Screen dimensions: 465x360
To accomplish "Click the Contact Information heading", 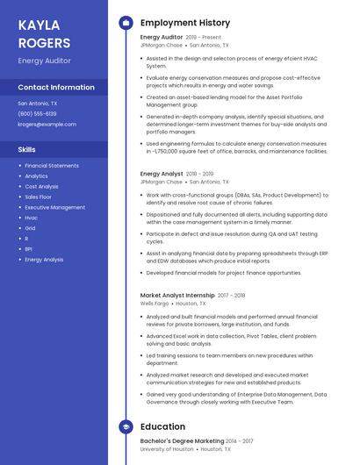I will (x=56, y=88).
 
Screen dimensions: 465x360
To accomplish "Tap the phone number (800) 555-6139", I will (x=37, y=114).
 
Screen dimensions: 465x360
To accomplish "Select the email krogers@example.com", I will (x=47, y=125).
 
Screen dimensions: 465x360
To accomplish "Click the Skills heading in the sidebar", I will (x=26, y=150).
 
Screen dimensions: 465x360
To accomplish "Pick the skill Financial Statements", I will (x=52, y=166).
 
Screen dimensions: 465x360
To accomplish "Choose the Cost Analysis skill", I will (x=41, y=187).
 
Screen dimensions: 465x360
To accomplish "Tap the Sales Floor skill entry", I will (x=39, y=197).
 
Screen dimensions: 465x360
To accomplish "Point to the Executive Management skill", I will (x=54, y=208).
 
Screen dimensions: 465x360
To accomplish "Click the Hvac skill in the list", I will (x=31, y=218).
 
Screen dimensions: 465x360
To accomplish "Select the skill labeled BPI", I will (x=28, y=249).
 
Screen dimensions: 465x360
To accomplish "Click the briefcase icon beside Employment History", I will (x=126, y=23).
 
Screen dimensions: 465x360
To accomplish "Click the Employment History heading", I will (x=185, y=23).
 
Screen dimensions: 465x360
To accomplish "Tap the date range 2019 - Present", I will (x=204, y=38).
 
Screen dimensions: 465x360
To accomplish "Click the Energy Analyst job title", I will (x=162, y=175).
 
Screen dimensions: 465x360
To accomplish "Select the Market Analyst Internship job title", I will (x=176, y=296).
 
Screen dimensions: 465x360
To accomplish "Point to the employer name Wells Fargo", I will (x=155, y=304).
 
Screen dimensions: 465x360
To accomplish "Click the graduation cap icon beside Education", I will (x=126, y=427).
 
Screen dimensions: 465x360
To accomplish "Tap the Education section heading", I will (x=162, y=427).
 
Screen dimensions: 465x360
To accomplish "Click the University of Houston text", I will (x=167, y=449).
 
